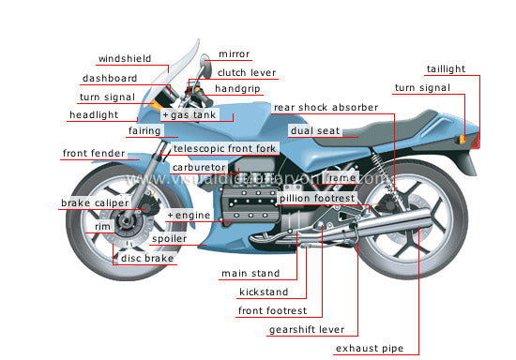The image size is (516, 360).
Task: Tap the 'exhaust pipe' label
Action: [x=369, y=349]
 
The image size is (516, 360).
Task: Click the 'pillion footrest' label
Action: [x=316, y=198]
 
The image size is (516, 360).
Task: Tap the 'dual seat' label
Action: [x=314, y=132]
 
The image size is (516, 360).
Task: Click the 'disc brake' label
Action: [x=146, y=258]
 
